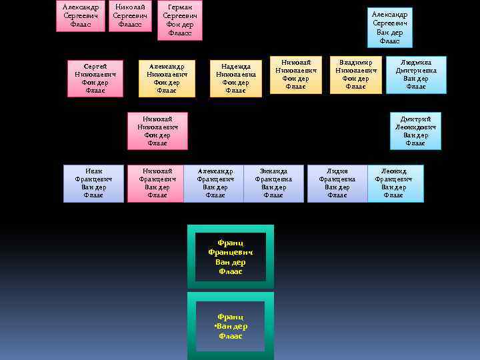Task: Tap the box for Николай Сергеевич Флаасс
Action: (130, 15)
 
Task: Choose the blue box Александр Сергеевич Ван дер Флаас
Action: (390, 27)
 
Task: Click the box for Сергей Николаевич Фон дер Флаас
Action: (95, 79)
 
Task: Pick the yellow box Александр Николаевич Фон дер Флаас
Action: (167, 79)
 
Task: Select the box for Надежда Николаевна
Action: (235, 79)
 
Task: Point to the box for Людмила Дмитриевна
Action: (416, 74)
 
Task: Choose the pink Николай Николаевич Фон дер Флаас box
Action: (157, 131)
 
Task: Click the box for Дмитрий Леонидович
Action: (415, 131)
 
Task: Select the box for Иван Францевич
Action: (93, 183)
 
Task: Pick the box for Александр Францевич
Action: (215, 183)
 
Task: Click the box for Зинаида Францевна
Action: (273, 183)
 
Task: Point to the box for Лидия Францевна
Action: (337, 183)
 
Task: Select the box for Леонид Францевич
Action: (393, 183)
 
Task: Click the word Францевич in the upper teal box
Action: (230, 253)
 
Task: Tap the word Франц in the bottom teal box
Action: (230, 317)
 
